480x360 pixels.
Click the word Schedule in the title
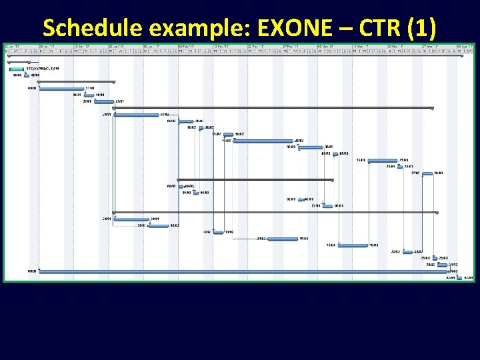87,27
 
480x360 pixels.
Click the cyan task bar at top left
17,69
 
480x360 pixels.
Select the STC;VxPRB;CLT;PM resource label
43,69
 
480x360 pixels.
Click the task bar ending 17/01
61,88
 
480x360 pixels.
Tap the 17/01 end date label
90,88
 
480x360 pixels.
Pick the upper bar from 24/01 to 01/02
136,115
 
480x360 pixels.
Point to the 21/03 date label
404,160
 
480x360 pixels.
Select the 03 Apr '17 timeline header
465,46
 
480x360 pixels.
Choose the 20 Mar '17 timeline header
395,46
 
